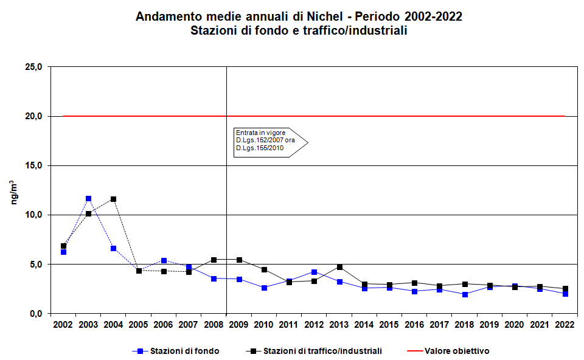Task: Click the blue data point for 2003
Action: [x=88, y=199]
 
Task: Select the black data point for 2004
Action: [x=113, y=199]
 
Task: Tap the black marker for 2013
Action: [x=339, y=267]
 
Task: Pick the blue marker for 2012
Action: [x=314, y=272]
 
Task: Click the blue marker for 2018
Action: [x=464, y=294]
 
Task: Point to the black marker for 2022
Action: [x=565, y=289]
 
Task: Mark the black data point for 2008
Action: [x=214, y=260]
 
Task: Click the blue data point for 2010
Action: [x=264, y=288]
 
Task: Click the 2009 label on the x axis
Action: [x=238, y=325]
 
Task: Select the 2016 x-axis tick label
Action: [x=414, y=325]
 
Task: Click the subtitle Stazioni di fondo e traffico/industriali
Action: [x=299, y=30]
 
